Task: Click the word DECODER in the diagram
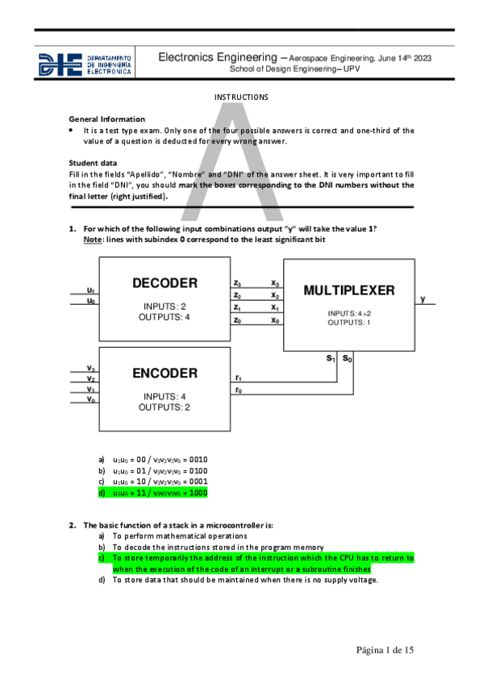pos(164,283)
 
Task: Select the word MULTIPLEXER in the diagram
pos(349,290)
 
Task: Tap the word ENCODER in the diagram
pos(164,373)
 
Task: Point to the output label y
pos(423,299)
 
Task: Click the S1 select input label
pos(331,358)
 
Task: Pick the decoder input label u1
pos(91,290)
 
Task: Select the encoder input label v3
pos(91,369)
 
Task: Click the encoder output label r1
pos(238,377)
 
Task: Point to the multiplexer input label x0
pos(276,320)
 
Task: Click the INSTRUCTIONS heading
pos(241,98)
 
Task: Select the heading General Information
pos(107,119)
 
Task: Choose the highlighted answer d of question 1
pos(153,492)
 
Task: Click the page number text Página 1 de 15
pos(385,650)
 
